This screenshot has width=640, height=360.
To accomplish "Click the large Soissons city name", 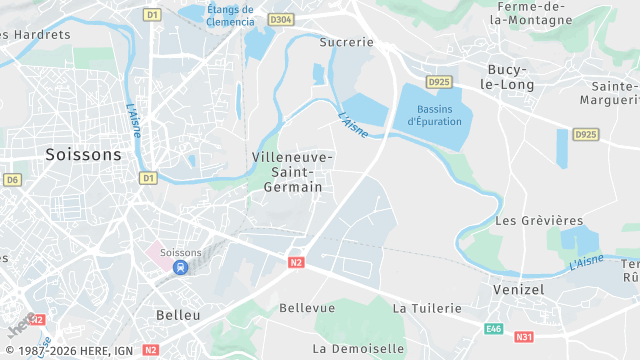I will [x=83, y=154].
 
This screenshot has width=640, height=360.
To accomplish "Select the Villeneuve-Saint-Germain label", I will [x=293, y=172].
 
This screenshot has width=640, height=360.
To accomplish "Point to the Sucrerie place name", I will [x=346, y=42].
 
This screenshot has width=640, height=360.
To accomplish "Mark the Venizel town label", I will [x=518, y=288].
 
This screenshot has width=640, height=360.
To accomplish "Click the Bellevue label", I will [x=307, y=308].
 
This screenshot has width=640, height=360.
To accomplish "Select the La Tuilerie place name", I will [x=427, y=308].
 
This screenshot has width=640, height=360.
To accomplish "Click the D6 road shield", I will [x=12, y=180].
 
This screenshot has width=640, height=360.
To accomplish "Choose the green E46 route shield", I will [x=493, y=328].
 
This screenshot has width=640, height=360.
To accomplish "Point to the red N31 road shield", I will [x=524, y=337].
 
